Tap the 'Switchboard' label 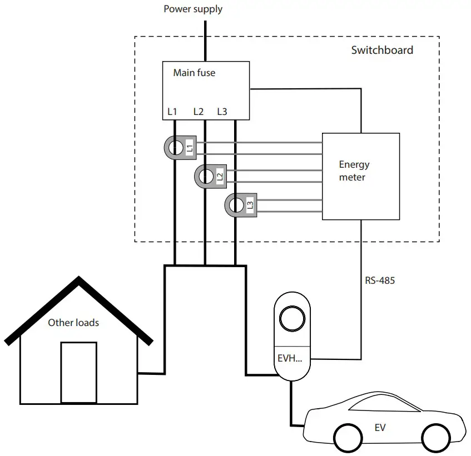[x=382, y=50]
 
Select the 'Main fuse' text [x=194, y=73]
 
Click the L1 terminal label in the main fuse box [x=172, y=112]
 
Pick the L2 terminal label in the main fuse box [x=199, y=112]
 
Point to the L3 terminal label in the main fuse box [x=222, y=112]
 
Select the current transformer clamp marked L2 [x=210, y=177]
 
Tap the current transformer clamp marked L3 [x=240, y=206]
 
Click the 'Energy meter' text [x=354, y=171]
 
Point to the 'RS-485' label [x=380, y=280]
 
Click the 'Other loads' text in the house [x=73, y=323]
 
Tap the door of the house [x=78, y=372]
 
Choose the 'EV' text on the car [x=380, y=428]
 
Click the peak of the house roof [x=78, y=280]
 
